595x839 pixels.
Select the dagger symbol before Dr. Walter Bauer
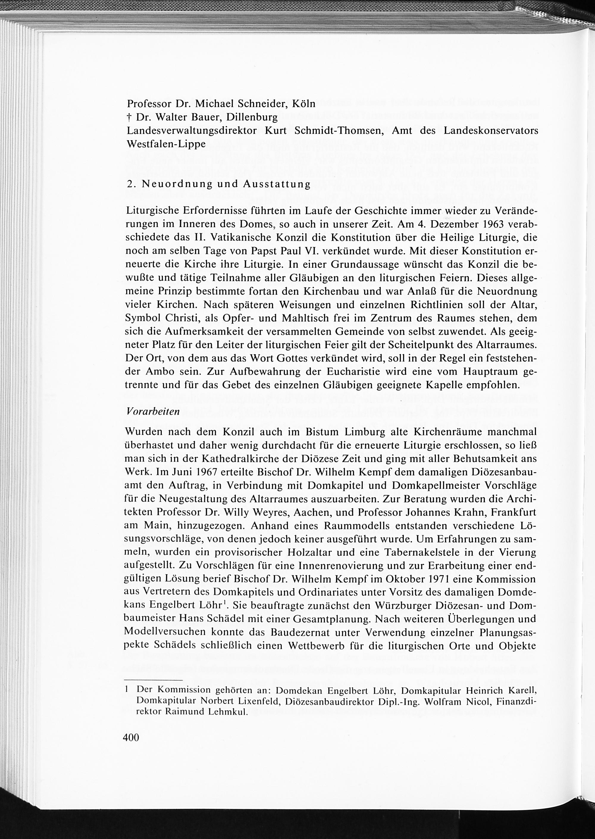129,117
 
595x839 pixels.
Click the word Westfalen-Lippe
166,144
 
